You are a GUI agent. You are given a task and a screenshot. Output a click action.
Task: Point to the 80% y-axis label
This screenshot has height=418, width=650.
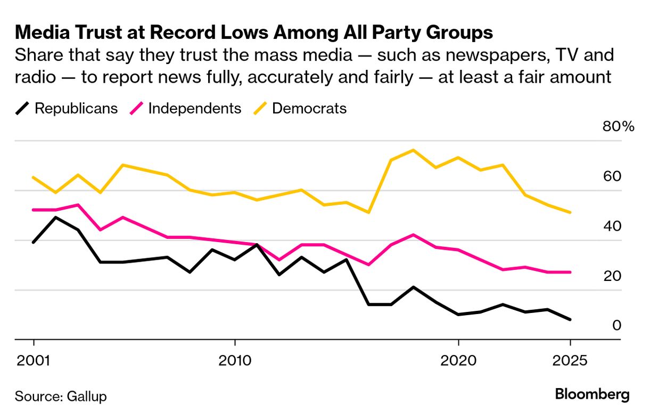(618, 127)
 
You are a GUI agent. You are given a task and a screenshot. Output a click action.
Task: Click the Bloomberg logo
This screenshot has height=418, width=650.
(592, 395)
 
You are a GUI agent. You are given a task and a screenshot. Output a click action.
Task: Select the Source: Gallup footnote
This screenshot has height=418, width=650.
(61, 397)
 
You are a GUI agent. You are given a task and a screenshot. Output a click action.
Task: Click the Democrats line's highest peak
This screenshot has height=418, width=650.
(413, 150)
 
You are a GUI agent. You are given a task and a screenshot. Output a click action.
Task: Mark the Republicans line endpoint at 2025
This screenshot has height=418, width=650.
(570, 319)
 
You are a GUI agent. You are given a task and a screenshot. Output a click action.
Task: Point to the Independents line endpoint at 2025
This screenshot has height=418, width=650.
(570, 272)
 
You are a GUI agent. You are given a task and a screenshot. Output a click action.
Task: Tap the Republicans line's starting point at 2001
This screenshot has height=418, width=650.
(34, 242)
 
